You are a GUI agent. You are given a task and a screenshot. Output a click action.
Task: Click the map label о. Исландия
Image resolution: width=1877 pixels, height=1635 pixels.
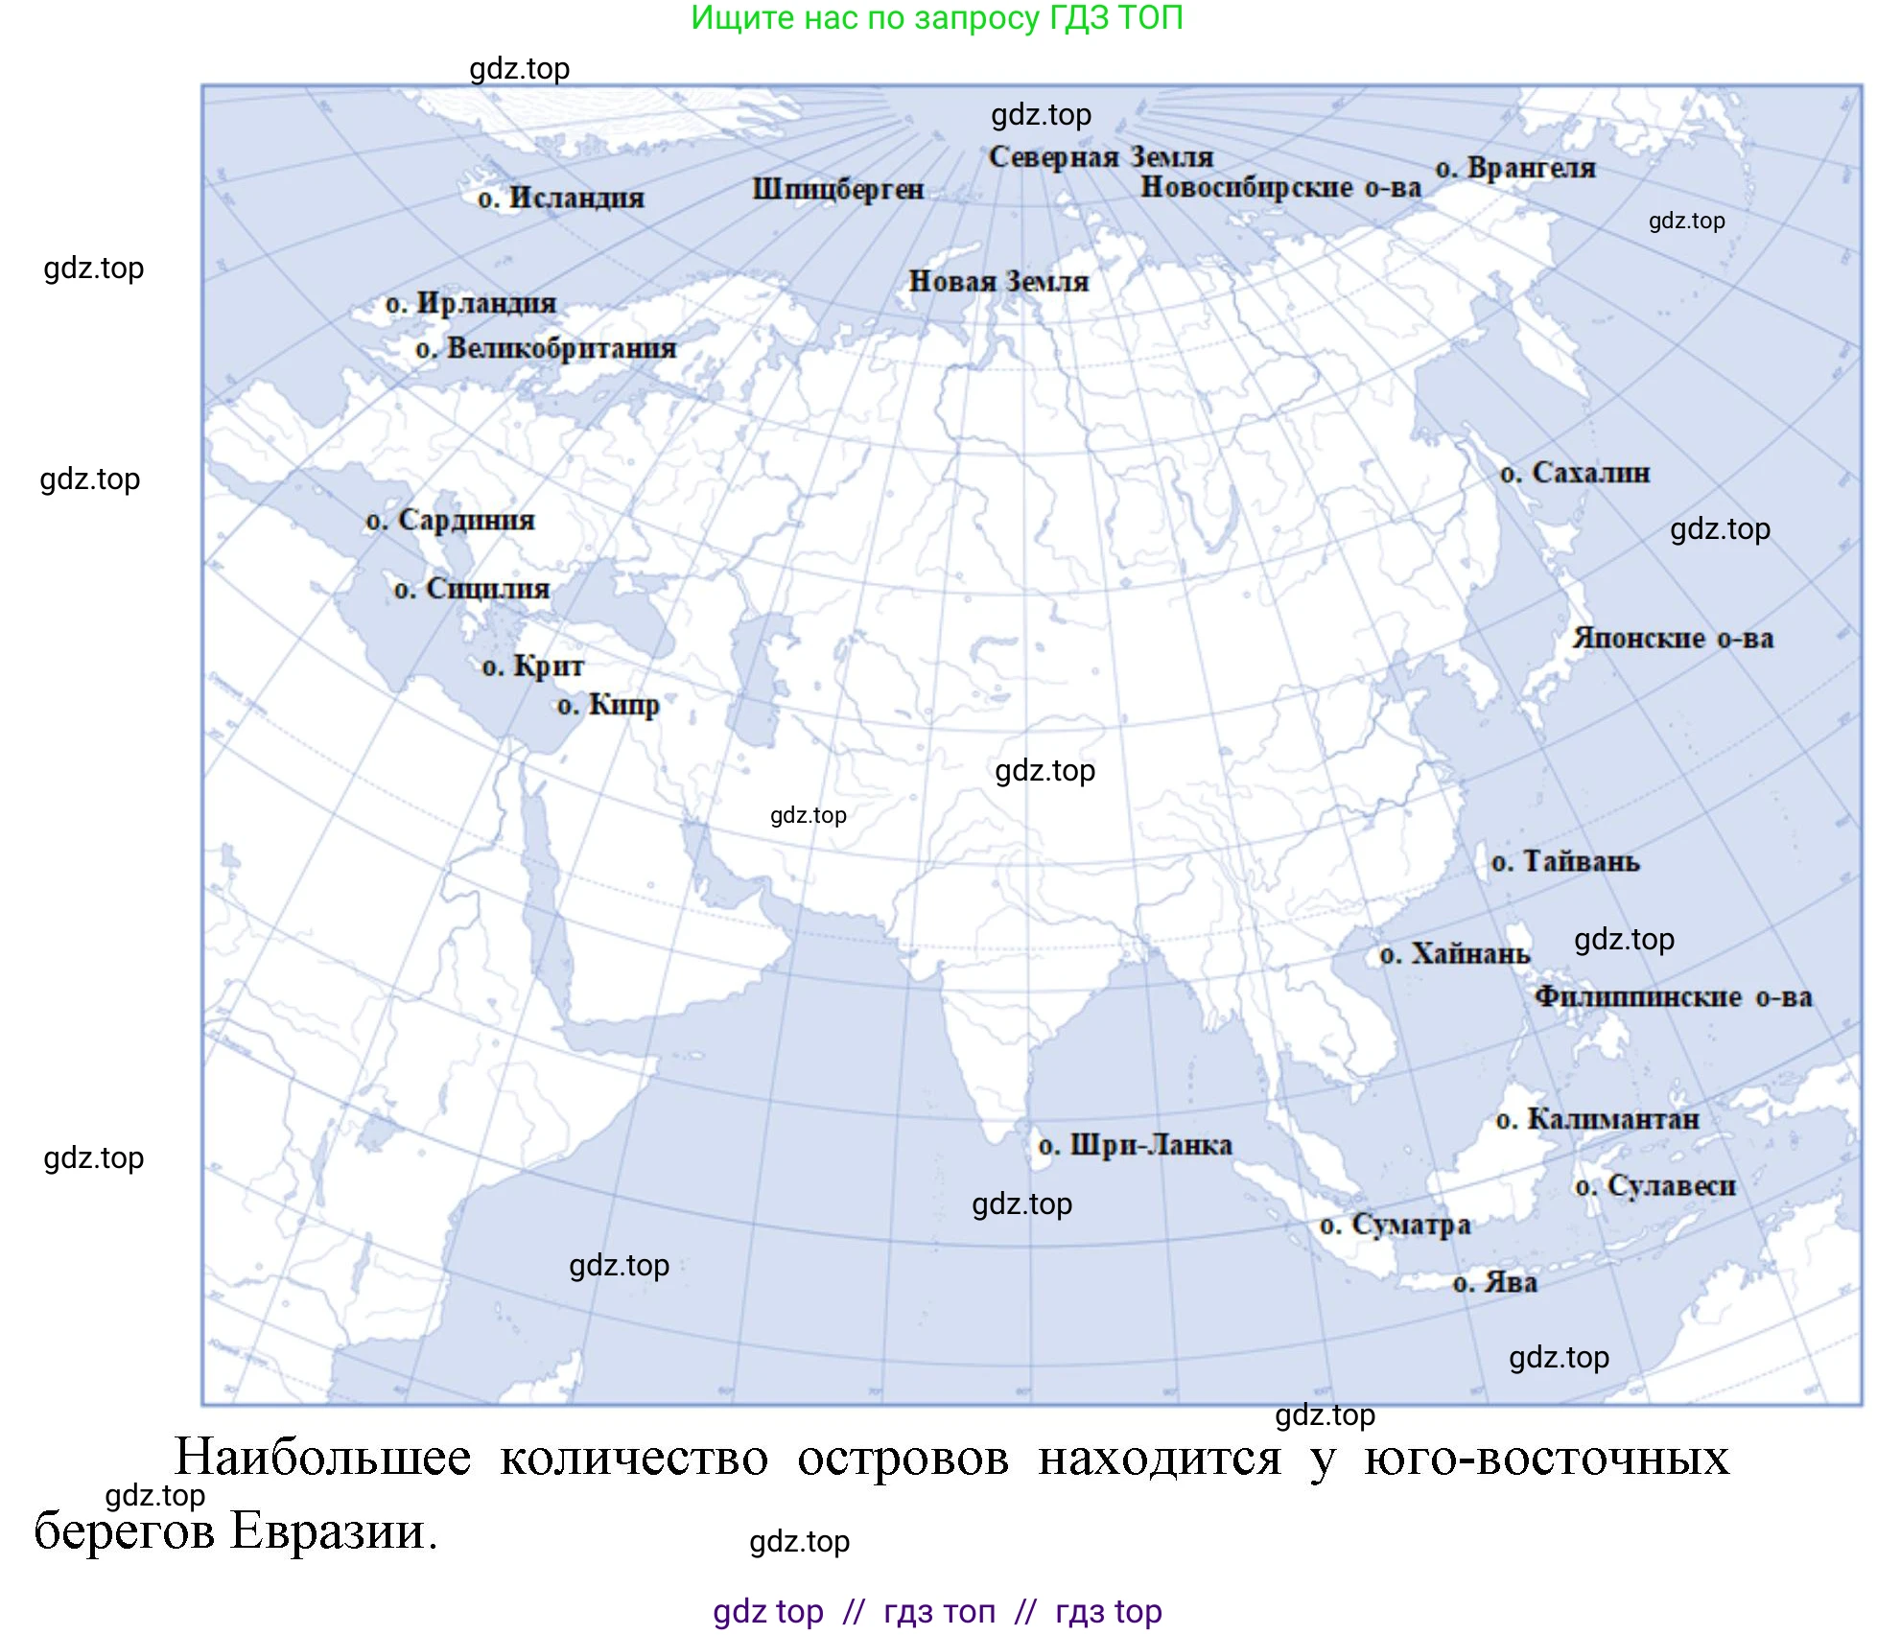coord(561,199)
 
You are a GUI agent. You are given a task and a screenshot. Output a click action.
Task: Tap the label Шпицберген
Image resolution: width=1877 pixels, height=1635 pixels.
coord(837,189)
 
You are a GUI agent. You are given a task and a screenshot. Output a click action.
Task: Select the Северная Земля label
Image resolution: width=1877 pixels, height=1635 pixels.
coord(1100,156)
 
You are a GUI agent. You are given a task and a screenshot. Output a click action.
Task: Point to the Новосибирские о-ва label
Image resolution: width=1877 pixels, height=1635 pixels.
coord(1279,187)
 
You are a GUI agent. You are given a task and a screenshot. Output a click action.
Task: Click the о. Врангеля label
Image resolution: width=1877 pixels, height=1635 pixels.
coord(1515,168)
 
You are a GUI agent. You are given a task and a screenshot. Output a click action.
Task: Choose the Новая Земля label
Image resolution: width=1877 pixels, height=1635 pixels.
coord(998,282)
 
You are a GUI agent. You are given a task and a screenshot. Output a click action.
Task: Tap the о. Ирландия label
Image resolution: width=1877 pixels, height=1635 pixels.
coord(471,304)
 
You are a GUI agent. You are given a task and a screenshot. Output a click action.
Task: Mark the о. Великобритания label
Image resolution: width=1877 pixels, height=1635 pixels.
coord(546,348)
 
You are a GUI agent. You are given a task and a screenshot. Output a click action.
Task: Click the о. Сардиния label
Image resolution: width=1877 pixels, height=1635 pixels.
coord(451,520)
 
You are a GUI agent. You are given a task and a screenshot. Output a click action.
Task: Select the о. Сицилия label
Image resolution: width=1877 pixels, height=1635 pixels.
coord(472,588)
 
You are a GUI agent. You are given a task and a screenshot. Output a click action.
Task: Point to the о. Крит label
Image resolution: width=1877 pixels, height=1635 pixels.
coord(532,666)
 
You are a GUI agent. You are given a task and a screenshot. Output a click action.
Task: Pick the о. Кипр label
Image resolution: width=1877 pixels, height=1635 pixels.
coord(608,705)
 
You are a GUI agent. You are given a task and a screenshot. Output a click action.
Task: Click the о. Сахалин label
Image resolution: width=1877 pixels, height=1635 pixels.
coord(1575,473)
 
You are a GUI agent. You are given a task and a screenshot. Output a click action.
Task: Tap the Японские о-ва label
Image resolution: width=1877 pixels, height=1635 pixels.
coord(1673,639)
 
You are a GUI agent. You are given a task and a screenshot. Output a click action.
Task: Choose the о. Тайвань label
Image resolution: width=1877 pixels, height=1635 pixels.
coord(1565,861)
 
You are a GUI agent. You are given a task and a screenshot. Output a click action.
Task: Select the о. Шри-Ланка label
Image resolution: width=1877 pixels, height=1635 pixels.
coord(1135,1145)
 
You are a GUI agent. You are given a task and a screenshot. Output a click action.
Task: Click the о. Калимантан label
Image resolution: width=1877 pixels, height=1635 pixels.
coord(1597,1119)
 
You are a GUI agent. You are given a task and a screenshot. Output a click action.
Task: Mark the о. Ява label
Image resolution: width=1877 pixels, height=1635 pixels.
coord(1494,1283)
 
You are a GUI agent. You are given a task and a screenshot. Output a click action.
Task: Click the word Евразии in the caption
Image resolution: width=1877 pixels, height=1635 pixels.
coord(333,1531)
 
